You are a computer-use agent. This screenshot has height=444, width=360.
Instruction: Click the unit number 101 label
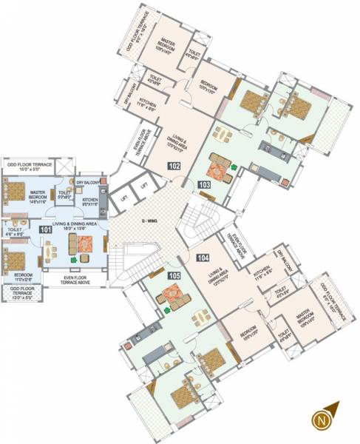[x=47, y=230]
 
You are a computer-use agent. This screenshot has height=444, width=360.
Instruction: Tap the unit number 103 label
[x=205, y=184]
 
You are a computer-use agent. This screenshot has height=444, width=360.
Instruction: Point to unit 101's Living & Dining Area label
[x=75, y=227]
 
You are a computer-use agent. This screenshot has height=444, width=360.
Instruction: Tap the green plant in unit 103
[x=232, y=168]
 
